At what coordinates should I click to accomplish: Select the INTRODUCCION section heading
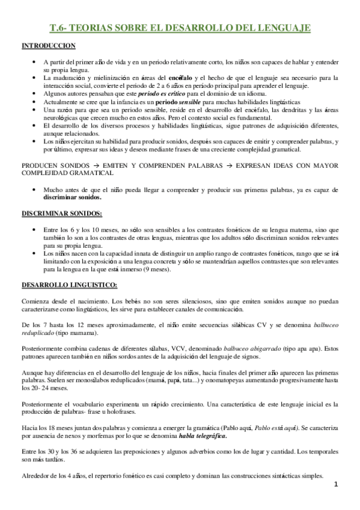pyautogui.click(x=48, y=46)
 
